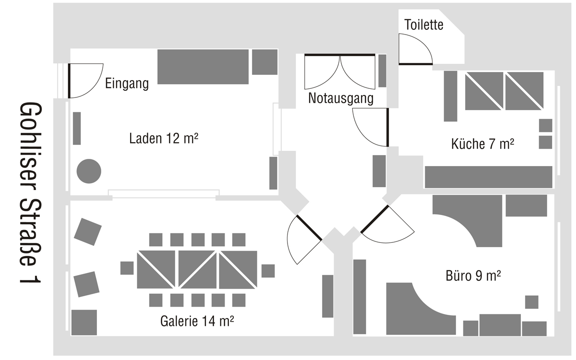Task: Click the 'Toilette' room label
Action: tap(424, 25)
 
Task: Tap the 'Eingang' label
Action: tap(127, 84)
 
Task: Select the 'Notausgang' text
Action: tap(341, 99)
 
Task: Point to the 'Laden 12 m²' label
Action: tap(164, 139)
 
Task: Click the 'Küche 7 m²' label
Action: tap(483, 144)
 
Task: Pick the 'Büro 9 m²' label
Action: tap(473, 276)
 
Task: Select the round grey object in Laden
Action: tap(89, 170)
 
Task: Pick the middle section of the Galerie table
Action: tap(198, 269)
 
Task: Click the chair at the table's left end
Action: tap(127, 268)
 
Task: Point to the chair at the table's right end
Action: tap(268, 271)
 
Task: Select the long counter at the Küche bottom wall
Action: tap(488, 177)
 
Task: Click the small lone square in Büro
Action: tap(531, 302)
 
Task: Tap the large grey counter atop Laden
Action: tap(204, 66)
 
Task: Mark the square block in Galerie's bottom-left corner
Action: tap(84, 322)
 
